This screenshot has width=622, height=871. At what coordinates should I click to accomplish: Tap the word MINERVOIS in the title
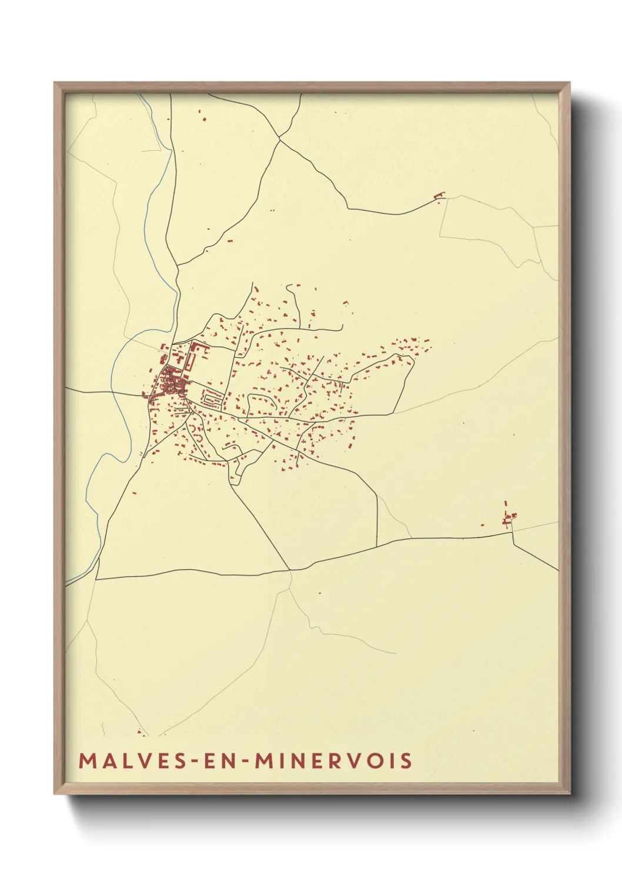tap(333, 760)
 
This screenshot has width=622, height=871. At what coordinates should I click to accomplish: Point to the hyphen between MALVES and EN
tap(191, 761)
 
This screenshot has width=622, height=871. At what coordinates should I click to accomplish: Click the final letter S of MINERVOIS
tap(406, 760)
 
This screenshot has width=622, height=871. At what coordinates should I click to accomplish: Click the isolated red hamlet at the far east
tap(509, 518)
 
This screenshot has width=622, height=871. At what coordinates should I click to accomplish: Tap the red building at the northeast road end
tap(439, 195)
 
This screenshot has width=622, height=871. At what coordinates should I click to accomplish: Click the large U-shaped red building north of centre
tap(198, 354)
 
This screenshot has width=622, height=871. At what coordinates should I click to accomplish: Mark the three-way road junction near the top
tap(280, 138)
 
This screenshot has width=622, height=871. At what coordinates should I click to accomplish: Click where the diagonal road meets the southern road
tap(290, 570)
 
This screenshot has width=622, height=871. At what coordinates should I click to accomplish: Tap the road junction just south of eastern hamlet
tap(512, 533)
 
